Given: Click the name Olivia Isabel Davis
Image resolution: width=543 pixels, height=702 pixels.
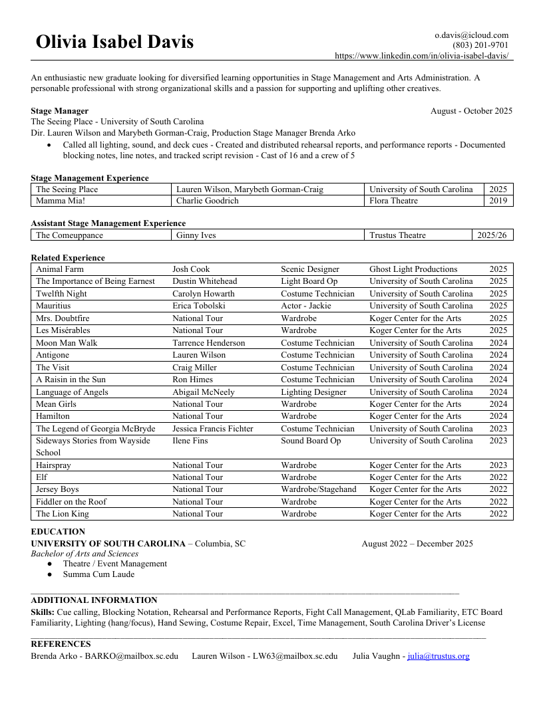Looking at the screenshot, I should [x=114, y=42].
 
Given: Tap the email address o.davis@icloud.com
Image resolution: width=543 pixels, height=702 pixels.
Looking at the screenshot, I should [x=471, y=35].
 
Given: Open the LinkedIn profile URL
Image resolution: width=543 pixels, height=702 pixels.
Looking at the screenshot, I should [x=422, y=56].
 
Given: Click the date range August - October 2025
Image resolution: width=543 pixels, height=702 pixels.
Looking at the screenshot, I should [x=471, y=111].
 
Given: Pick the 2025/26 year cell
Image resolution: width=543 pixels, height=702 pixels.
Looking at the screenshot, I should [x=492, y=235].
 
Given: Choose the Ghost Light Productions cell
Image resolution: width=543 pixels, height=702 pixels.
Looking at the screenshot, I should [x=413, y=269].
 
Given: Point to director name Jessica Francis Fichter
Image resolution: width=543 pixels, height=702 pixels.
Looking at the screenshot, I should [x=212, y=429].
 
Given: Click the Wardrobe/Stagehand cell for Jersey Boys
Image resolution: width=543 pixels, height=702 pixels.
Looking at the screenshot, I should [x=318, y=489].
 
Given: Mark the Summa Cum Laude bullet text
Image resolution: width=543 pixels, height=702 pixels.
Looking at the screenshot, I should [x=98, y=574].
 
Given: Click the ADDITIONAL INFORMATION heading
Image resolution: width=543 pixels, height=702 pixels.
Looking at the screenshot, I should [x=94, y=600].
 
